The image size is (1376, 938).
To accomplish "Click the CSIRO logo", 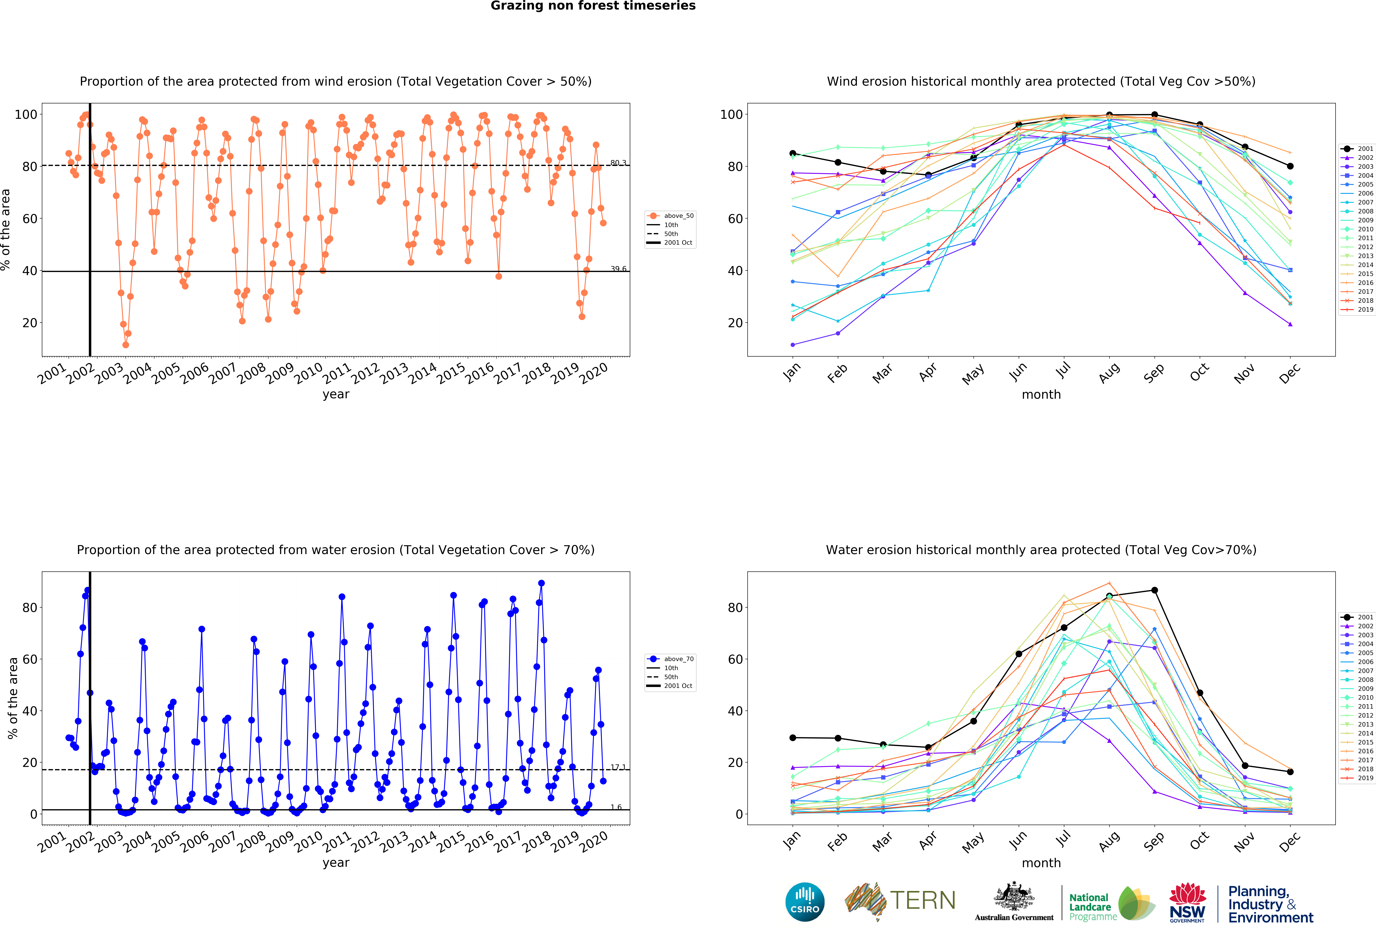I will (x=805, y=902).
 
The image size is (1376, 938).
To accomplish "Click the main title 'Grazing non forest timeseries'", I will (x=593, y=6).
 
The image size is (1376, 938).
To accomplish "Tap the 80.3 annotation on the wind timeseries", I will (x=618, y=163).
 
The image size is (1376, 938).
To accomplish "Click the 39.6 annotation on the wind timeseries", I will (x=618, y=269).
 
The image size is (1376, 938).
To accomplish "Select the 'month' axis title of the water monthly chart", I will (x=1041, y=863).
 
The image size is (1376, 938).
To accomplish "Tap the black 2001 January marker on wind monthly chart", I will (x=793, y=153).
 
